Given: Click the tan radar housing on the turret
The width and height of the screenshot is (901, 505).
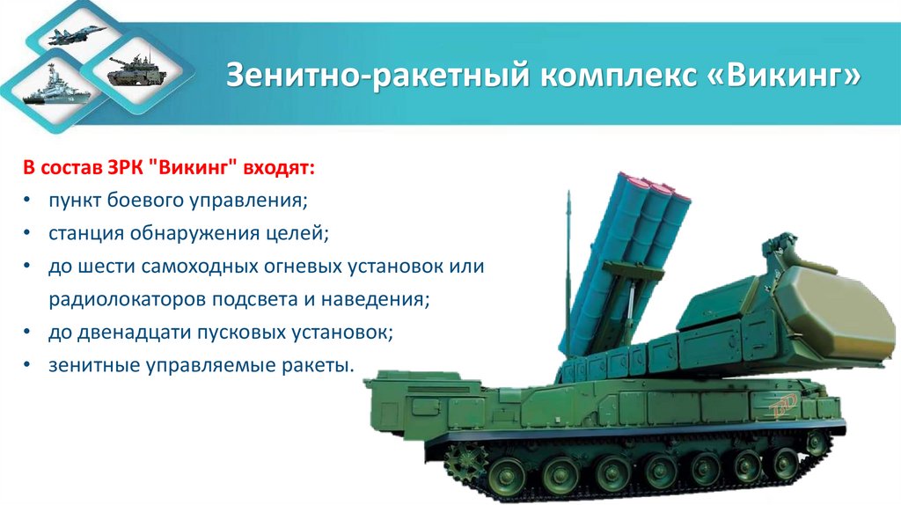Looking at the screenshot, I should click(x=835, y=300).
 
